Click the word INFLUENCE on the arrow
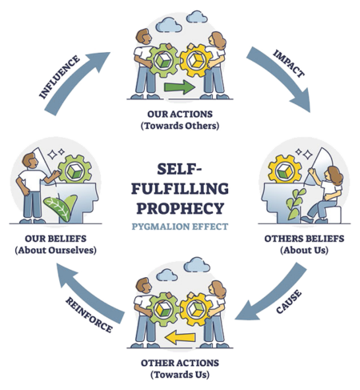coord(59,77)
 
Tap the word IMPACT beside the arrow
coord(289,64)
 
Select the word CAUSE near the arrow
coord(289,302)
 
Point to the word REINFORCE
coord(89,315)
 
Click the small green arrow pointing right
coord(179,87)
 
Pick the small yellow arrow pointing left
coord(180,337)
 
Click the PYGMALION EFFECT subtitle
coord(180,227)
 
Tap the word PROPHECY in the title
coord(180,208)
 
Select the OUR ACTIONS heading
coord(180,114)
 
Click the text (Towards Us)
coord(180,375)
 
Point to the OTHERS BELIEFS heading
coord(304,239)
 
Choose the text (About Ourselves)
coord(55,250)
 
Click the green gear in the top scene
coord(162,61)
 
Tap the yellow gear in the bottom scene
coord(196,309)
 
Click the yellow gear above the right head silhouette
coord(284,170)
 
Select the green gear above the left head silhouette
coord(75,170)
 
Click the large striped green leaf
coord(58,209)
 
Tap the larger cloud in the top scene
coord(169,25)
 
